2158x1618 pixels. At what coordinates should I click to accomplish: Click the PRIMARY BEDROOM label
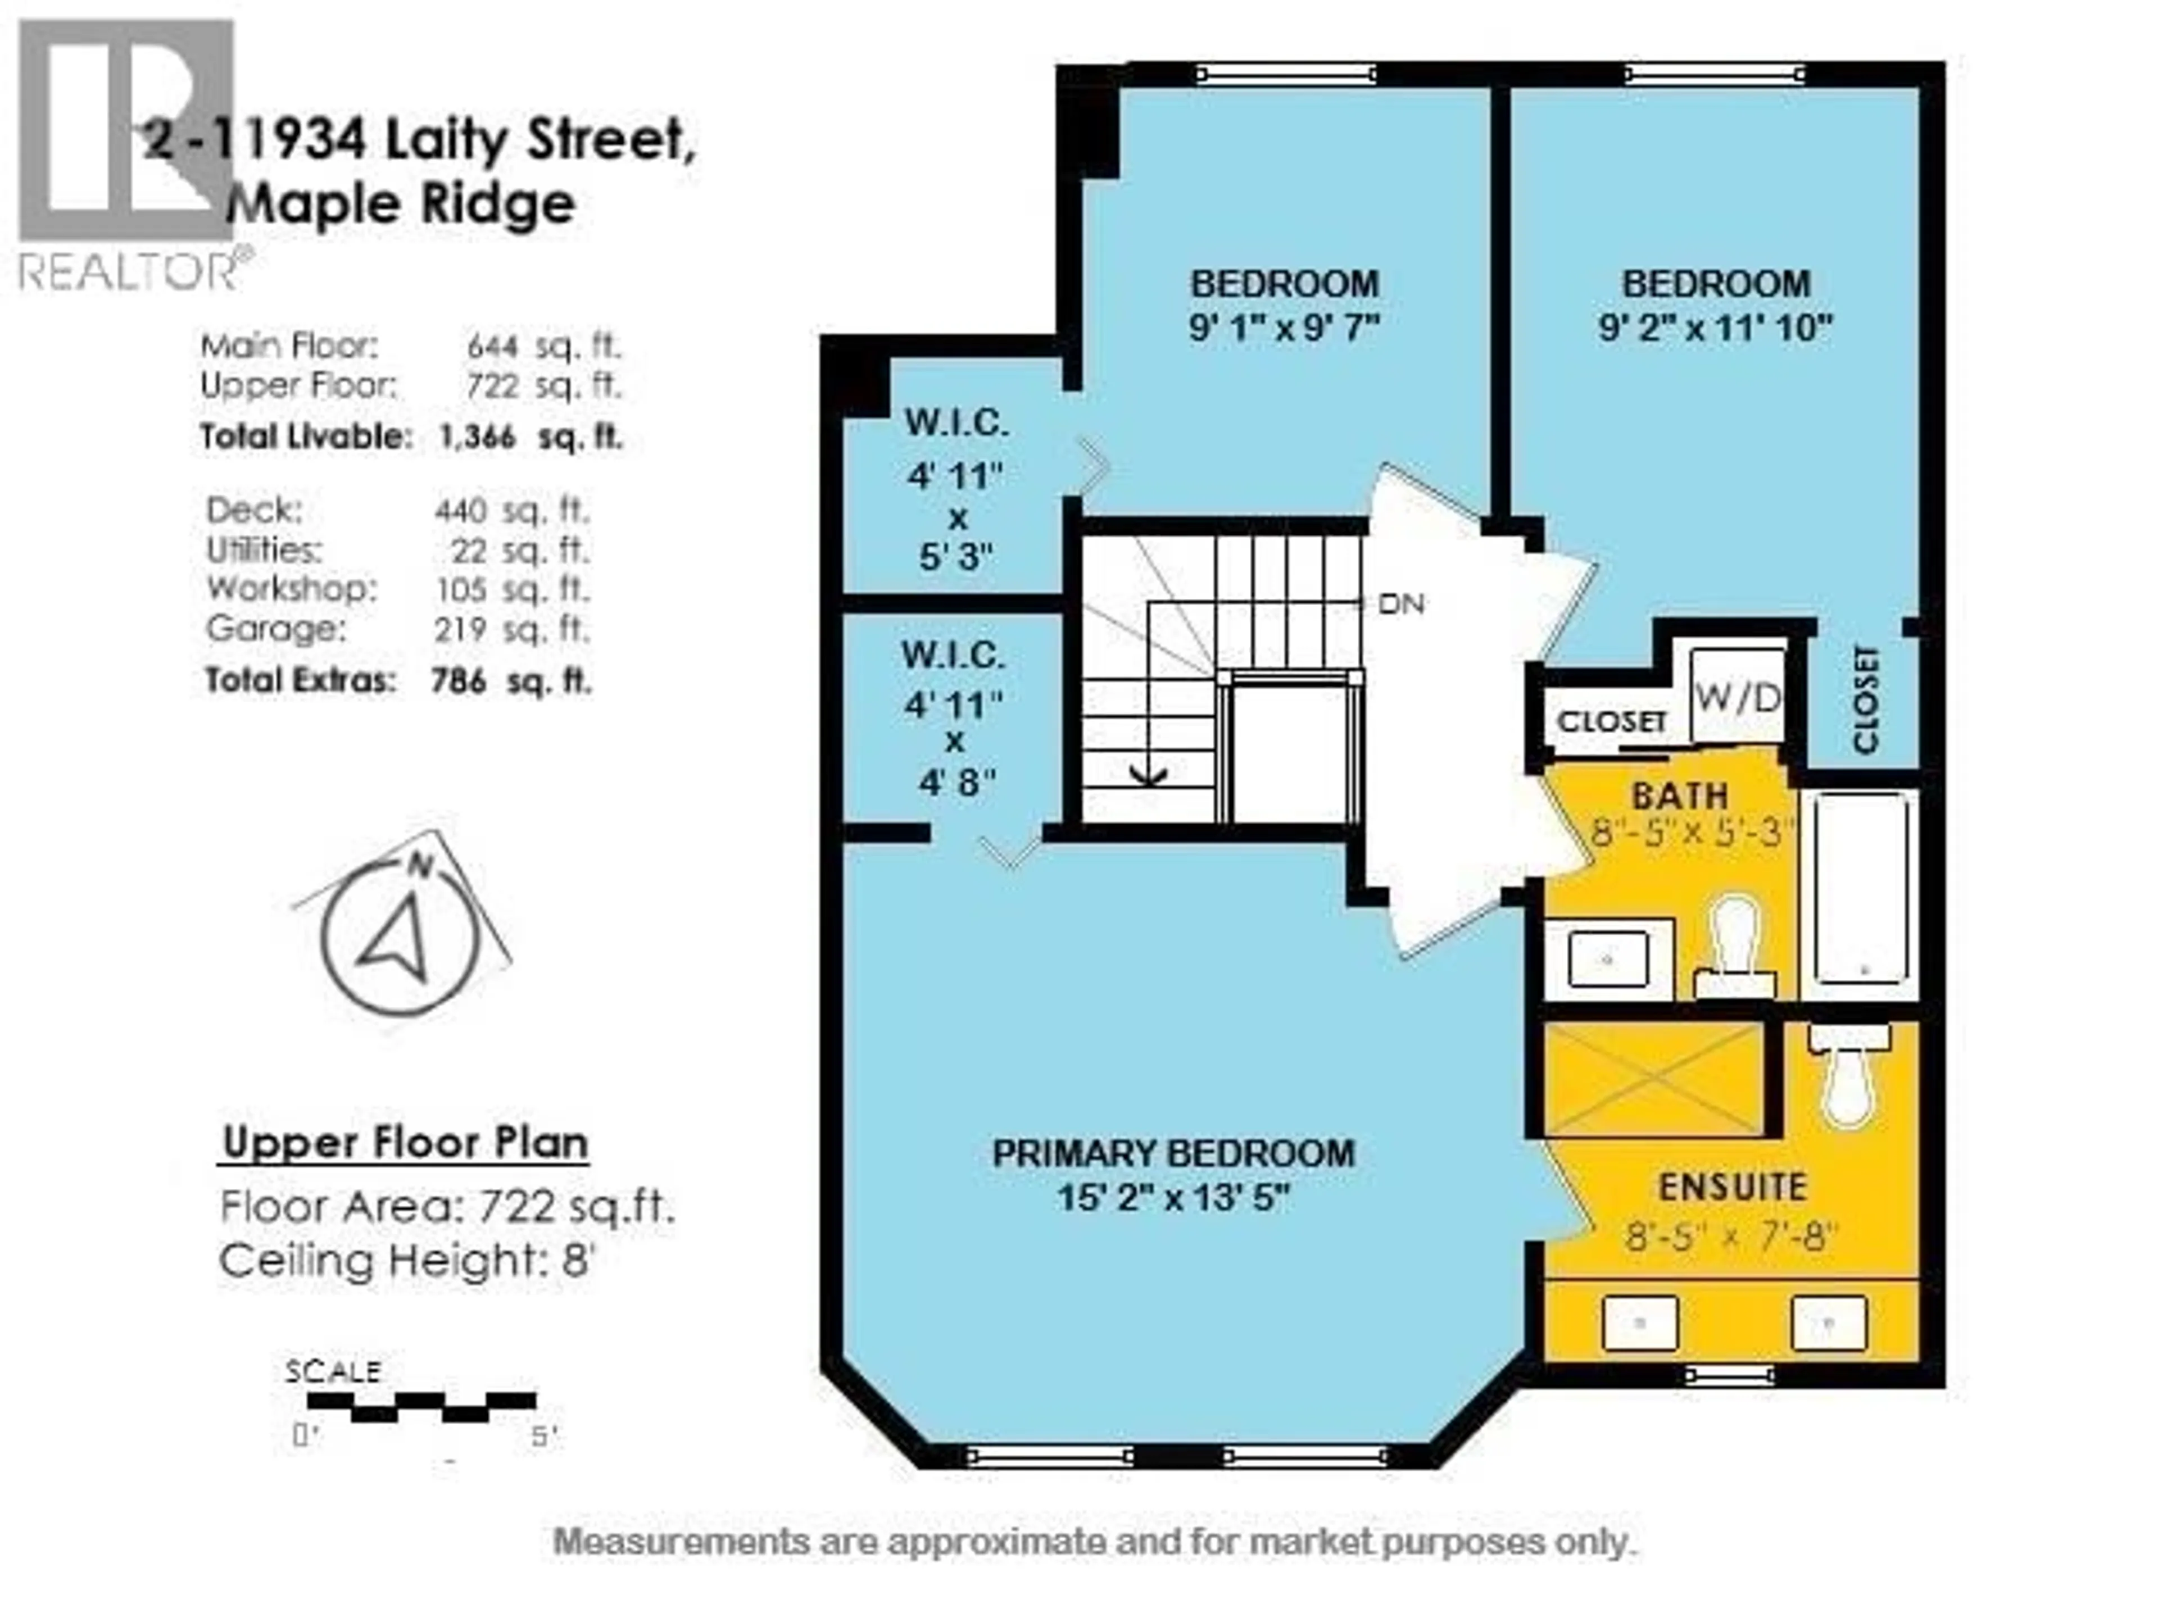click(1173, 1154)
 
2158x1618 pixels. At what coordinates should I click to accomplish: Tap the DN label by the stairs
click(1401, 605)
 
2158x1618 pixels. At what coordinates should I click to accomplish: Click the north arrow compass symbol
click(401, 937)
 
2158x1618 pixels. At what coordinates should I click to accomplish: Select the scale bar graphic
click(421, 1407)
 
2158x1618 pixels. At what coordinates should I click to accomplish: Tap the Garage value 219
click(460, 629)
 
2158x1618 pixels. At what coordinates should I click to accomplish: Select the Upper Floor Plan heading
click(405, 1143)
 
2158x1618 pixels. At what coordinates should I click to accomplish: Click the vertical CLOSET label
click(1864, 699)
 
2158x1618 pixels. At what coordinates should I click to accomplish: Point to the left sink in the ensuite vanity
click(1641, 1324)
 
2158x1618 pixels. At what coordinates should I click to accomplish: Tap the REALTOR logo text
click(127, 271)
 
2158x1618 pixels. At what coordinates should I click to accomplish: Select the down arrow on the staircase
click(1148, 774)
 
